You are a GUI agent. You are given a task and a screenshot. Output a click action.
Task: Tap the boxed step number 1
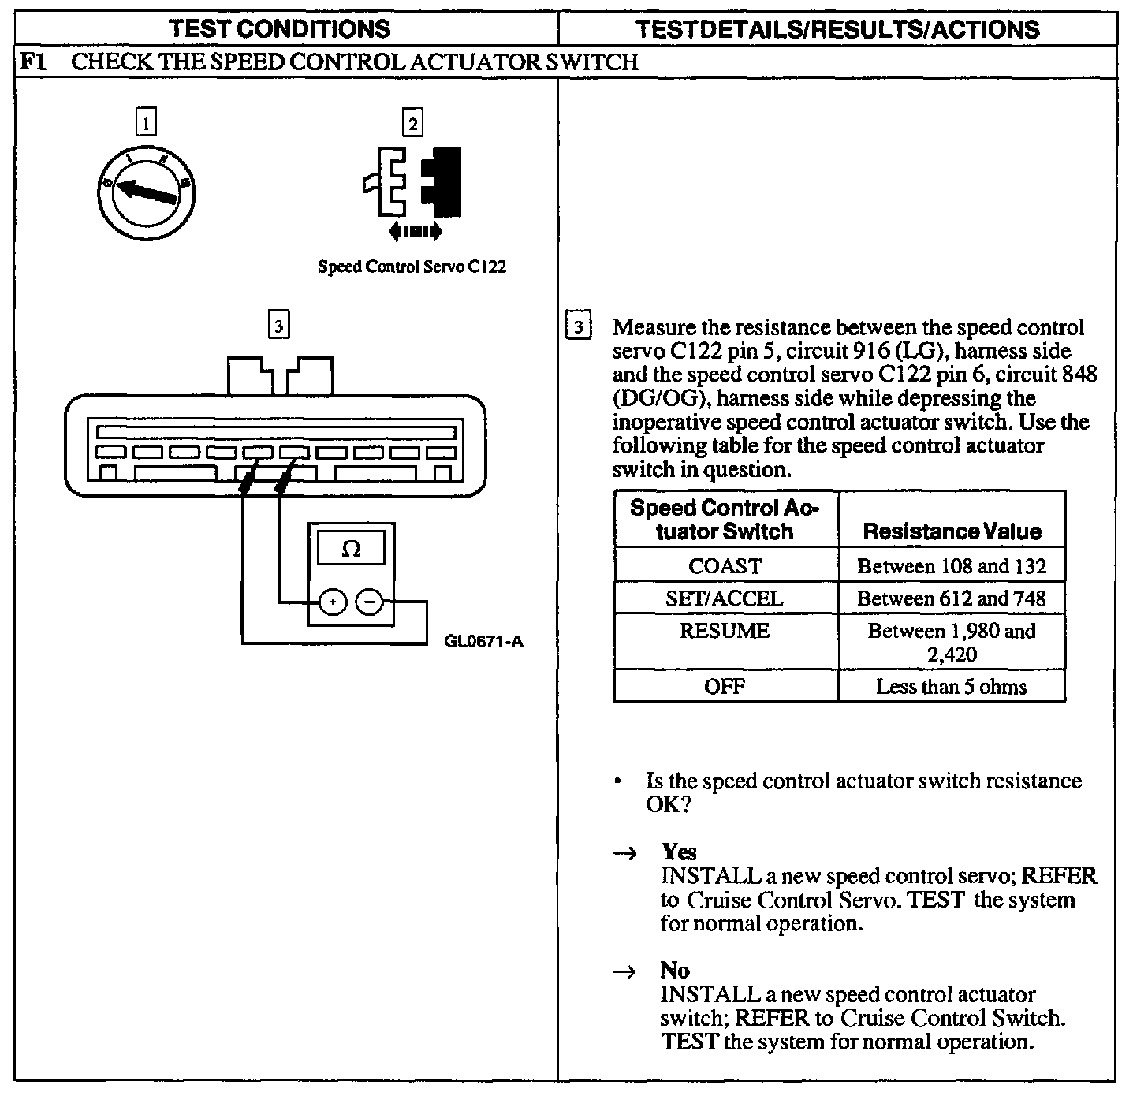[x=146, y=123]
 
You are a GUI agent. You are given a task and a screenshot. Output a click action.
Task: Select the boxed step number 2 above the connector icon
[x=412, y=123]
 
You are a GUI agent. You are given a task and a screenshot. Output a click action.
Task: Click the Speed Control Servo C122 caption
[x=412, y=267]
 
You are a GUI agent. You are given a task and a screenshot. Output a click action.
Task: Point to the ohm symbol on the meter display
[x=351, y=550]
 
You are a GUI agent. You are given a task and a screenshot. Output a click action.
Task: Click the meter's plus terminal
[x=332, y=603]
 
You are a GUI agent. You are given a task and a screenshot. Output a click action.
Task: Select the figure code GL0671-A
[x=483, y=641]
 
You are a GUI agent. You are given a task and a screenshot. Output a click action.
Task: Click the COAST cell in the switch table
[x=725, y=566]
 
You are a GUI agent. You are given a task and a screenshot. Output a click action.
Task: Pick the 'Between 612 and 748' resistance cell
[x=951, y=598]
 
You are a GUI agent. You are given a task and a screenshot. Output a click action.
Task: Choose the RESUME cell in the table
[x=725, y=632]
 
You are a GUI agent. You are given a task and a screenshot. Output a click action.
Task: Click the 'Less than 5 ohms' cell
[x=951, y=687]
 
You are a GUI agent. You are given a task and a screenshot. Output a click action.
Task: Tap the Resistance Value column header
[x=952, y=531]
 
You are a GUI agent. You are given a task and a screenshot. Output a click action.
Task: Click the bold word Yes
[x=679, y=852]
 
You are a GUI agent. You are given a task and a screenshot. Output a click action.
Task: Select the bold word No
[x=675, y=971]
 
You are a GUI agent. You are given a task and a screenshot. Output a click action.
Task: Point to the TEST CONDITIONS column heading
[x=281, y=29]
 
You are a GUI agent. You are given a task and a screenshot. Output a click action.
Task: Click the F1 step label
[x=32, y=62]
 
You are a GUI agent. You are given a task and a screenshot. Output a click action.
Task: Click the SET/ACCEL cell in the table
[x=725, y=598]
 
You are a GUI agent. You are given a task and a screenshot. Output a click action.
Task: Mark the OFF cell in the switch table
[x=725, y=687]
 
